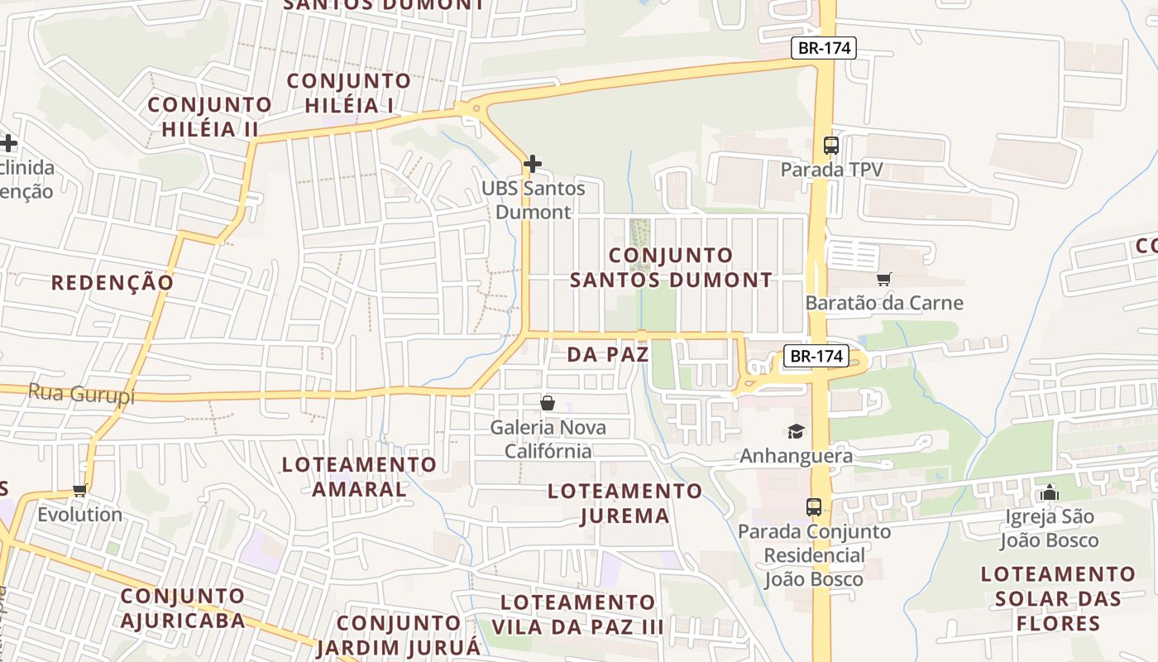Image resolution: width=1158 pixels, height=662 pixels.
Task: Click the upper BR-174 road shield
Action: pos(823,48)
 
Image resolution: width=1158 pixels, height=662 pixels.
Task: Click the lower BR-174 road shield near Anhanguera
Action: pos(816,356)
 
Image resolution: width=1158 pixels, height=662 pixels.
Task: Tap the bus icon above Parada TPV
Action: pos(831,146)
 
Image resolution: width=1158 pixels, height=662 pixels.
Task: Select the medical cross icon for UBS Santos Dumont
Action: pos(533,163)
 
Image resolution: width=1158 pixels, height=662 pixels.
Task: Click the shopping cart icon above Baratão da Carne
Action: pos(884,279)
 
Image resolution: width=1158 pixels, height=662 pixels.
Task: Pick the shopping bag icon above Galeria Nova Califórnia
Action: pos(547,403)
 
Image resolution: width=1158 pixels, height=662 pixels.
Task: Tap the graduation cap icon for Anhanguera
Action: pos(796,431)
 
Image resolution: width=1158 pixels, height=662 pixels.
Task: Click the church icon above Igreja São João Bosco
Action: pos(1050,492)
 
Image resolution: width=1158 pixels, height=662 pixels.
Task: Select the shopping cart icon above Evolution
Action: pos(79,490)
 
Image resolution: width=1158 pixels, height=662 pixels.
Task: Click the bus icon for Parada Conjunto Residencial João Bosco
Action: pos(814,506)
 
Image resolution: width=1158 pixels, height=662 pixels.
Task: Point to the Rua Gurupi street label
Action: pos(81,394)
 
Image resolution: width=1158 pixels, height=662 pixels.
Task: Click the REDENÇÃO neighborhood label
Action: pos(112,283)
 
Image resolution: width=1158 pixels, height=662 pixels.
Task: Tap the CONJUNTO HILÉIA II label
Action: pos(210,117)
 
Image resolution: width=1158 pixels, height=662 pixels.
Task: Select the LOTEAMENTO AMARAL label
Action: pos(359,476)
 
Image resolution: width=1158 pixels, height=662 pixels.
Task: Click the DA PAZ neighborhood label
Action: pos(608,355)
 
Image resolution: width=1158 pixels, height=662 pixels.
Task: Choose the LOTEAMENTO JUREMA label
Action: pos(624,503)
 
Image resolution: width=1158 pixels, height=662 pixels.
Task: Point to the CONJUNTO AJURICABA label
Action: pos(183,607)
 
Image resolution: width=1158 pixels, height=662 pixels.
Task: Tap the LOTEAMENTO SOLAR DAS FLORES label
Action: pos(1058,598)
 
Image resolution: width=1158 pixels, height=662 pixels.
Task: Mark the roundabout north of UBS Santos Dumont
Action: pos(475,108)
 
